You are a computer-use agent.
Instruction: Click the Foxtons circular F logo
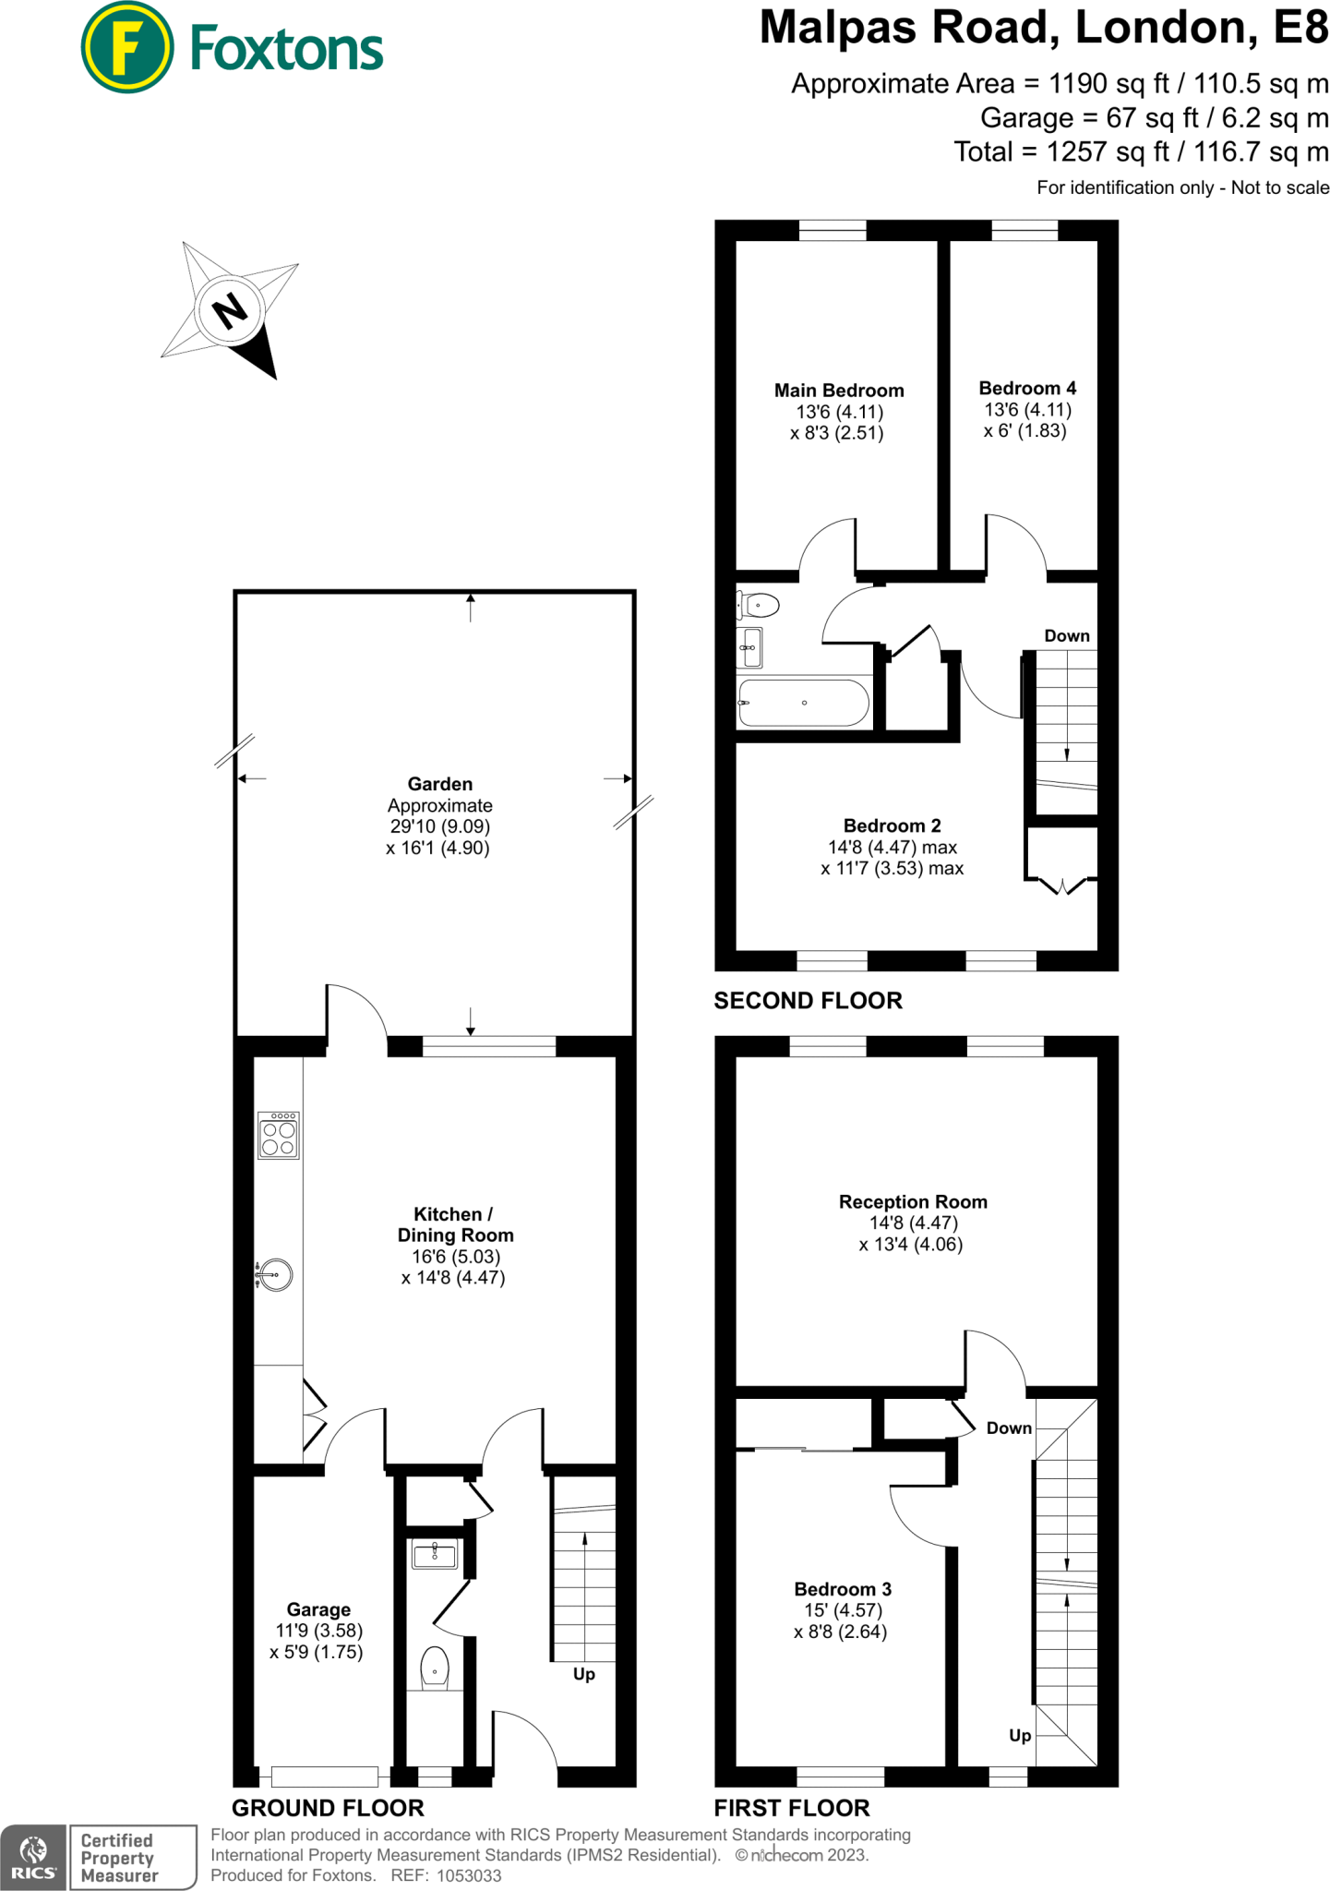(126, 47)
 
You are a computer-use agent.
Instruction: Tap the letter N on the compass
(230, 310)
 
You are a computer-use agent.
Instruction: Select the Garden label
(439, 784)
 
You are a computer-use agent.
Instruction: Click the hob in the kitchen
(278, 1135)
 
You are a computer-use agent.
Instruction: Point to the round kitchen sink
(275, 1274)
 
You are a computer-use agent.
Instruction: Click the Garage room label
(318, 1609)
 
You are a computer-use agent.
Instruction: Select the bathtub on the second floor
(803, 704)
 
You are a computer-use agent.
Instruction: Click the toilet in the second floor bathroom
(759, 606)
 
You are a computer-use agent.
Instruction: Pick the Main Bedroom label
(838, 391)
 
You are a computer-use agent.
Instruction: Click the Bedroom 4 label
(1026, 388)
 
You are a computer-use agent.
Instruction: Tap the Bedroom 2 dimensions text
(892, 858)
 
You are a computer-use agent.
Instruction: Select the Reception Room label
(912, 1201)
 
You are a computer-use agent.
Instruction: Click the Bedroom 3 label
(842, 1589)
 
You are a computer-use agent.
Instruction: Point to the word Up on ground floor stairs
(583, 1674)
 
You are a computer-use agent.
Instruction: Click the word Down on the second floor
(1066, 635)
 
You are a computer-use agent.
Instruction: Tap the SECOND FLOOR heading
(808, 1000)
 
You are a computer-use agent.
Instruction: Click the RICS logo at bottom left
(33, 1857)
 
